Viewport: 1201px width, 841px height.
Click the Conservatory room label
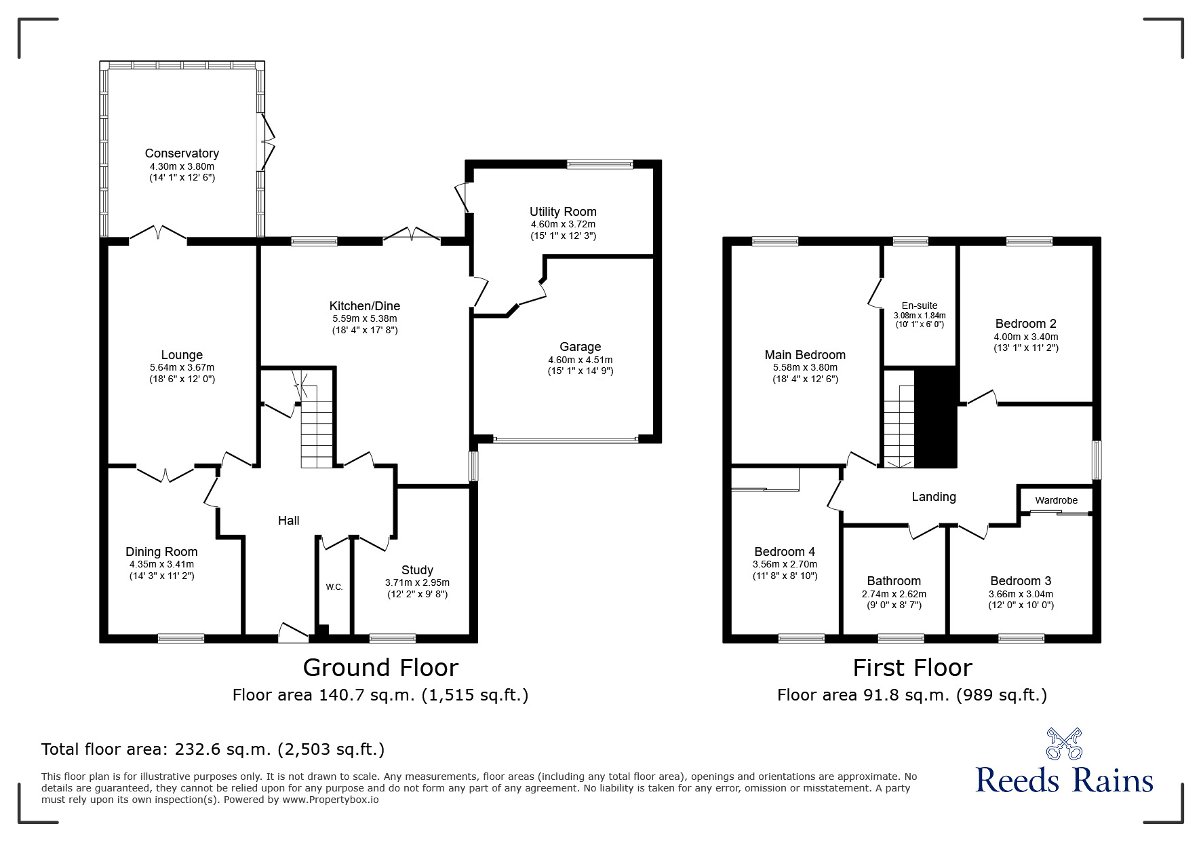pos(182,153)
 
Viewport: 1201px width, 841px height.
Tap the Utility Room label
pos(563,212)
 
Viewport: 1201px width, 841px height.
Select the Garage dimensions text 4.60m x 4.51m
pos(580,360)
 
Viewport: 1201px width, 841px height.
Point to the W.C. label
pos(334,586)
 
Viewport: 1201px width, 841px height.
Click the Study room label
pos(417,570)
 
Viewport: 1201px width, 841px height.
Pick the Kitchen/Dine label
pos(365,306)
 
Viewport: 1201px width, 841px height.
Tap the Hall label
pos(289,521)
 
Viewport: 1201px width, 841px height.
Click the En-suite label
pos(920,305)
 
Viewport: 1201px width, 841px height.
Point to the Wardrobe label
pos(1056,500)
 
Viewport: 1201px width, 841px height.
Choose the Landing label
pos(934,497)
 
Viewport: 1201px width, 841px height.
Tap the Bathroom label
pos(894,581)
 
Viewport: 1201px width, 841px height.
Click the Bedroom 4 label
pos(785,552)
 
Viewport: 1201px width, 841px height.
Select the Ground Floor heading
pos(380,668)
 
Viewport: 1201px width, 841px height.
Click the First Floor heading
pos(912,668)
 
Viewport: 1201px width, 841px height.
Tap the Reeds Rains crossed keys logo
pos(1064,744)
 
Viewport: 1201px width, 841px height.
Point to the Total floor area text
pos(213,749)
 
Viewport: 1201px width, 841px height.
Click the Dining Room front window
pos(181,637)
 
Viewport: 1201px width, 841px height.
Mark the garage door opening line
pos(566,440)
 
